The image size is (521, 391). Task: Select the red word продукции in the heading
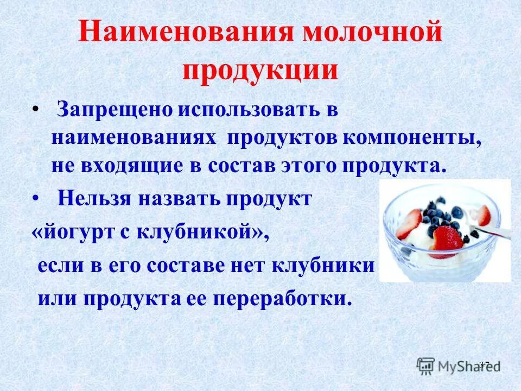pos(260,70)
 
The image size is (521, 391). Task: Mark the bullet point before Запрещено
pos(36,111)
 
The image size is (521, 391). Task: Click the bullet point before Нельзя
pos(36,199)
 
